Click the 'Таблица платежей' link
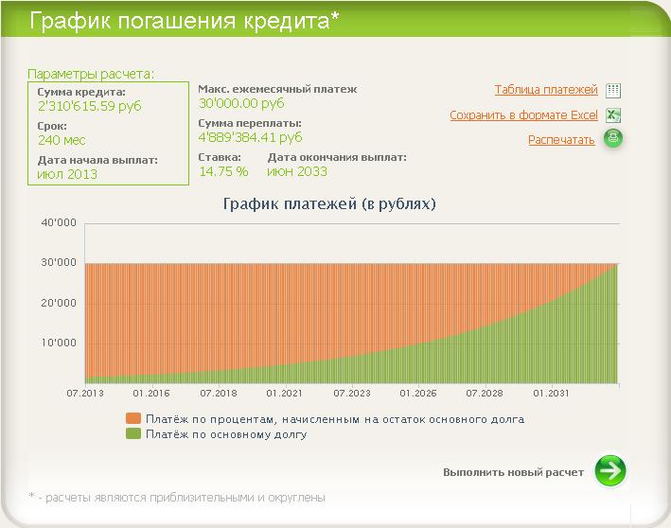coord(546,90)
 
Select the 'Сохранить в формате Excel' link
coord(523,115)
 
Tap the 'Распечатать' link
coord(561,140)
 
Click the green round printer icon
coord(613,138)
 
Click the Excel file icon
coord(613,115)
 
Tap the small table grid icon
coord(613,90)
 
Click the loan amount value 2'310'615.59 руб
coord(90,106)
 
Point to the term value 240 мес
coord(62,140)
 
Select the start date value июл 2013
coord(67,174)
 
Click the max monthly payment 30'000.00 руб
coord(241,103)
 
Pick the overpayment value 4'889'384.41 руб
coord(251,137)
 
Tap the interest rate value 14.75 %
coord(223,171)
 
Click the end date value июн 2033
coord(297,171)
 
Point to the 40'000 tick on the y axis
coord(59,222)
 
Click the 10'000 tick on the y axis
coord(59,343)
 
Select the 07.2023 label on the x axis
coord(352,394)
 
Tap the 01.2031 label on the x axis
coord(551,394)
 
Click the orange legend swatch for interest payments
coord(133,418)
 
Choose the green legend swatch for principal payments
coord(133,433)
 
